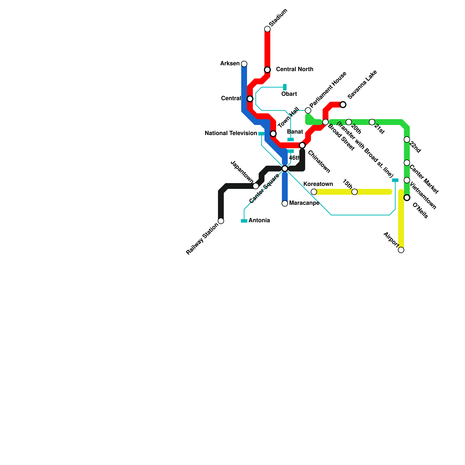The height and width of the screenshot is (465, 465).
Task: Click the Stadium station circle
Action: [x=267, y=29]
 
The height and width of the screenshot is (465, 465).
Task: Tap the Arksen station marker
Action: [x=244, y=64]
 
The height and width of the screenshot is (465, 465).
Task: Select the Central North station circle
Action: [x=267, y=70]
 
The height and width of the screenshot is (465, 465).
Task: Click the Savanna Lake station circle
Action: [x=343, y=105]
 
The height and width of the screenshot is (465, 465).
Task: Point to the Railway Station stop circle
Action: [x=221, y=221]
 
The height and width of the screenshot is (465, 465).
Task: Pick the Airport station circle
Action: [x=401, y=250]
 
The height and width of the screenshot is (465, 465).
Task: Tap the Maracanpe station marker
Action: [x=285, y=203]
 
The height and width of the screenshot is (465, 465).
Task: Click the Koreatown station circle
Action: [x=314, y=192]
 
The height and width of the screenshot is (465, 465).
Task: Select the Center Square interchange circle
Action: [x=285, y=169]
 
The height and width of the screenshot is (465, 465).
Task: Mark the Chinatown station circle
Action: [x=302, y=145]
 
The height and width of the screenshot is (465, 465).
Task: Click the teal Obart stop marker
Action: [x=285, y=87]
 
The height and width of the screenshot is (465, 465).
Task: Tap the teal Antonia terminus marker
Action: [x=244, y=221]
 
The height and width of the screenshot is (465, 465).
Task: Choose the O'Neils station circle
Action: [x=407, y=198]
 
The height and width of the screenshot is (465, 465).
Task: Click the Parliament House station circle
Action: [x=308, y=110]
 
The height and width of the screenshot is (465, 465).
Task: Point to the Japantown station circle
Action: [x=256, y=186]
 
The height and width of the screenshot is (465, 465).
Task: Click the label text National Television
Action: [x=231, y=133]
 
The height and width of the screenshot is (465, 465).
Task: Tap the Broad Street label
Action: [x=341, y=137]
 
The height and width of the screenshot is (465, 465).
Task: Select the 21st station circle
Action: [x=372, y=122]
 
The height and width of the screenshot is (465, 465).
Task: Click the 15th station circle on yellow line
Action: [x=355, y=192]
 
